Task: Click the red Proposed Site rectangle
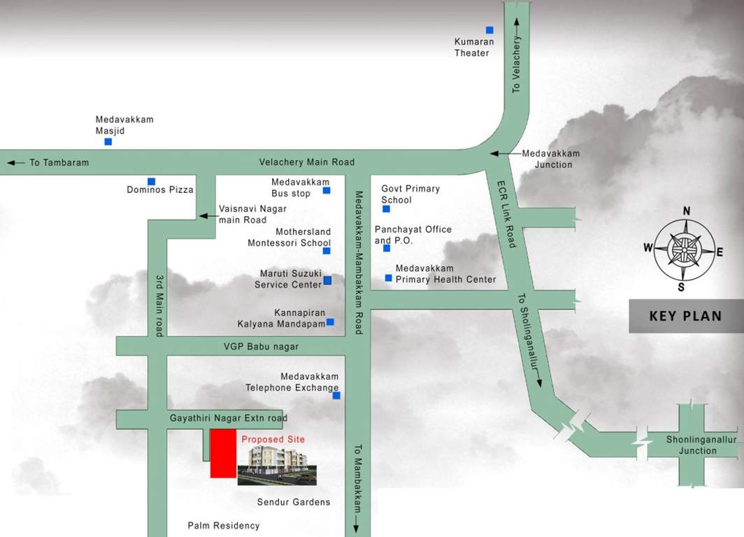coord(223,454)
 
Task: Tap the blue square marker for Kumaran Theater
coord(489,30)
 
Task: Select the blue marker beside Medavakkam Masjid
coord(108,142)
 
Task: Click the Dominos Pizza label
coord(160,189)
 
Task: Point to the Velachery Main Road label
coord(307,162)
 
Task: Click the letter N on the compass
coord(687,211)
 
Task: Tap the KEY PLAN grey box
coord(685,316)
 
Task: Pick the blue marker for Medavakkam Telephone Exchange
coord(336,396)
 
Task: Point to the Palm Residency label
coord(224,526)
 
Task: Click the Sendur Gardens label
coord(294,502)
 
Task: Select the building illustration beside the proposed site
coord(277,466)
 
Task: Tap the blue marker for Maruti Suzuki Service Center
coord(327,281)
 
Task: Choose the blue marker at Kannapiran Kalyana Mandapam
coord(330,322)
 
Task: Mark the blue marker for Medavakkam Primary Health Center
coord(389,278)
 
